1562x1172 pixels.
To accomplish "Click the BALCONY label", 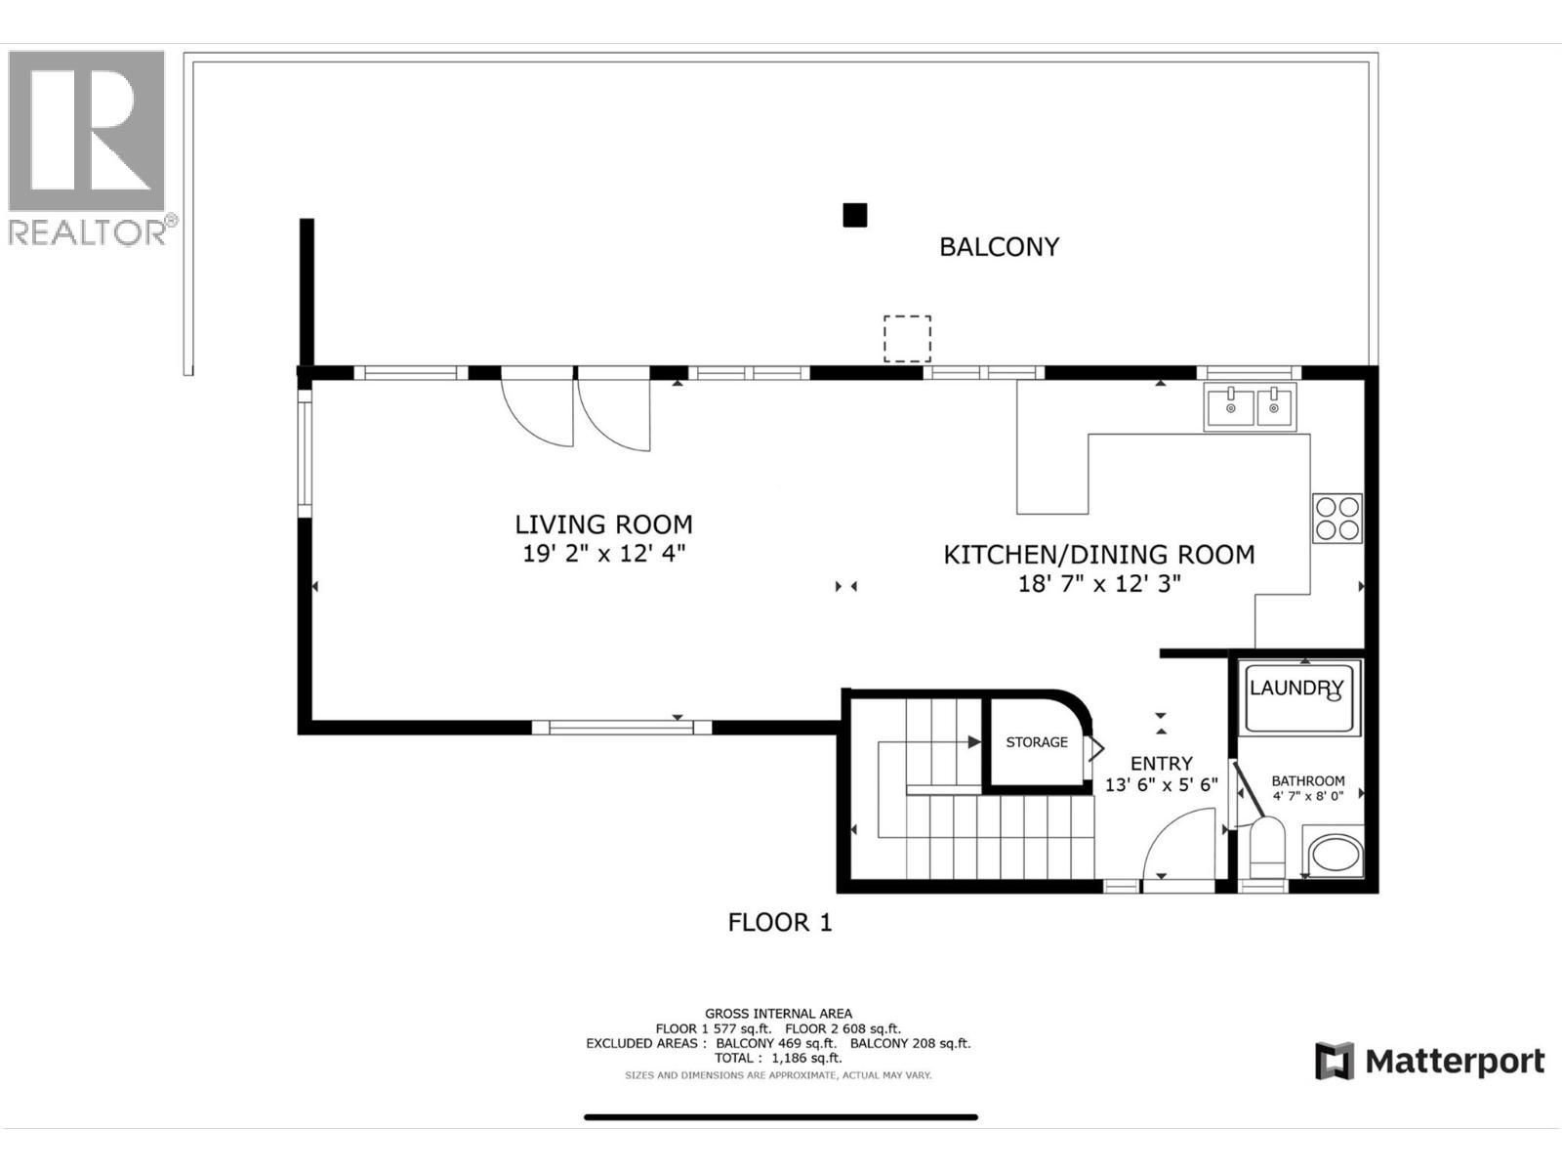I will point(999,247).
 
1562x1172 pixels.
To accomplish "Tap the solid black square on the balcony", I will point(854,215).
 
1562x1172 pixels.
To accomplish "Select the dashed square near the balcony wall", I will point(907,339).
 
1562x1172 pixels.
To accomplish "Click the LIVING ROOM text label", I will point(603,524).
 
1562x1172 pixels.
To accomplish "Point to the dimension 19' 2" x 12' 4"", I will point(603,554).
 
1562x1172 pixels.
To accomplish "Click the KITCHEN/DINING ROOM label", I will point(1098,555).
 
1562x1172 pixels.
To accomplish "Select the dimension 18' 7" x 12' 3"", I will point(1098,584).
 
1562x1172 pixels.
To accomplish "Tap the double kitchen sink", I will point(1251,407).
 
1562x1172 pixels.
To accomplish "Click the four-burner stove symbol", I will point(1336,519).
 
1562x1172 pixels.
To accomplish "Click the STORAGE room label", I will point(1037,742).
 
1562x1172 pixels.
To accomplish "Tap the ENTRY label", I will point(1161,764).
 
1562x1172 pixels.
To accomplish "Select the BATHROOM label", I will point(1307,780).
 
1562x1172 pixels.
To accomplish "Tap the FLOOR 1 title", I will point(779,922).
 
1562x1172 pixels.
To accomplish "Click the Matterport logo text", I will point(1454,1061).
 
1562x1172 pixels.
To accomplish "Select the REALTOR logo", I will point(88,146).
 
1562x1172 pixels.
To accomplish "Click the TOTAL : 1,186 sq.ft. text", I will point(778,1058).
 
